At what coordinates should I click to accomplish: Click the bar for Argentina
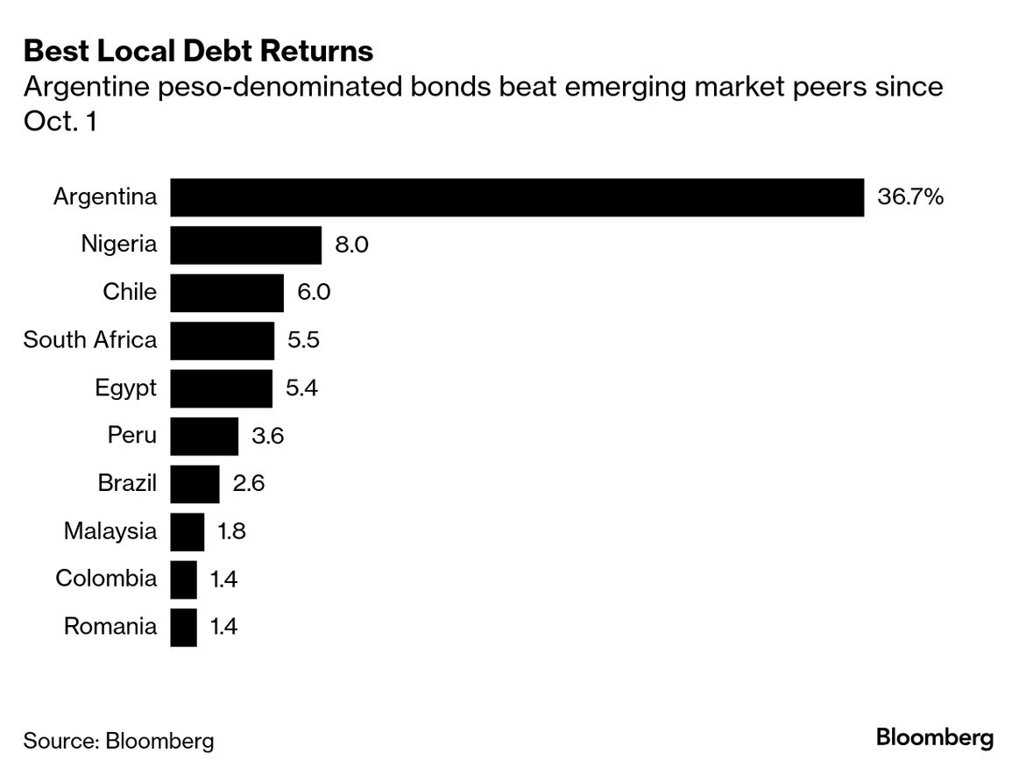point(517,197)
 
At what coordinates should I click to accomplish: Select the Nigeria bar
point(245,245)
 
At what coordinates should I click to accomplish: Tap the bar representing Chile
point(227,293)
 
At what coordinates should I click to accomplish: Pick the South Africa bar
point(222,340)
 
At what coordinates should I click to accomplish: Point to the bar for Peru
point(204,436)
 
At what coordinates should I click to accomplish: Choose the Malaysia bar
point(187,531)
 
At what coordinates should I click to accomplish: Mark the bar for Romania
point(183,627)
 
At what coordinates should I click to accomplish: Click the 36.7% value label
point(909,197)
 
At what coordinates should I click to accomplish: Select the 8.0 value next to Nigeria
point(351,245)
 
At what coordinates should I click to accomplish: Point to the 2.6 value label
point(248,483)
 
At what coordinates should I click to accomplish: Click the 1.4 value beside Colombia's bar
point(224,579)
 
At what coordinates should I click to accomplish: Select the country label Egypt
point(126,388)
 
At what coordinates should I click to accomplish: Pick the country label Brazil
point(128,483)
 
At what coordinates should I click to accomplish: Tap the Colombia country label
point(106,579)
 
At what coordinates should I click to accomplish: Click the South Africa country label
point(90,340)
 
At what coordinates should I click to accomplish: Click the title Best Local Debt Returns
point(198,51)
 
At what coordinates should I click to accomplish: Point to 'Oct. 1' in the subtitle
point(60,122)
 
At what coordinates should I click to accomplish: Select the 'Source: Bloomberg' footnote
point(118,740)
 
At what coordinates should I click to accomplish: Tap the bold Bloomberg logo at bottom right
point(935,738)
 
